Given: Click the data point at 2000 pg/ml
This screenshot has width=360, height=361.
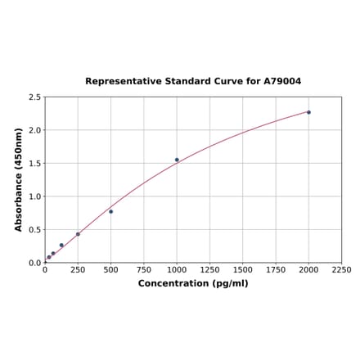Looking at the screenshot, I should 308,112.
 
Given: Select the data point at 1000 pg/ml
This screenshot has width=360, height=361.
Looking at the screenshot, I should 177,160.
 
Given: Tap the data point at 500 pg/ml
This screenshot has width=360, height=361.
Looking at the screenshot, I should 111,211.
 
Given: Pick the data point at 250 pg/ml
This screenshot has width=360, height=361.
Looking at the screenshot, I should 78,234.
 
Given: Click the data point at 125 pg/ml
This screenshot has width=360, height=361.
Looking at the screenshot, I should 61,245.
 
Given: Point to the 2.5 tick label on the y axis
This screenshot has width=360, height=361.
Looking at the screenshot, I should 35,97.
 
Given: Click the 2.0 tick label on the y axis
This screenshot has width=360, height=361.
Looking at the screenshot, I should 35,130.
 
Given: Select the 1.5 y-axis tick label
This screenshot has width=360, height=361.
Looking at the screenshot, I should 35,164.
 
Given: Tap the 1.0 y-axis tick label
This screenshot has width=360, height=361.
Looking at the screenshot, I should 35,196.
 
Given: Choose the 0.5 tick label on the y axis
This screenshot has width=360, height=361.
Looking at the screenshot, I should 35,230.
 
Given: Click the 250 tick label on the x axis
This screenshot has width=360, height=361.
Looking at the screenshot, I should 78,270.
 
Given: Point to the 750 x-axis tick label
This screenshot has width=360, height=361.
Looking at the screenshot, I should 144,270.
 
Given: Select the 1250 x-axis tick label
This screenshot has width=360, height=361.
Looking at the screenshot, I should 209,270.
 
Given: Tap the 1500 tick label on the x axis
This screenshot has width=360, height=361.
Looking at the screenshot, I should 243,270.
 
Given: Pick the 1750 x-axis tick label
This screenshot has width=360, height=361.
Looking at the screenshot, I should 276,270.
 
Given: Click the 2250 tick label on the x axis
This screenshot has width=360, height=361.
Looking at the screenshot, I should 341,270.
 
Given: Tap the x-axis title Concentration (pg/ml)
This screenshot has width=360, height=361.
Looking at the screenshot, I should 193,283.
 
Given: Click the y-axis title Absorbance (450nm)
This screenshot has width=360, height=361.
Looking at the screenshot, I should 19,179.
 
